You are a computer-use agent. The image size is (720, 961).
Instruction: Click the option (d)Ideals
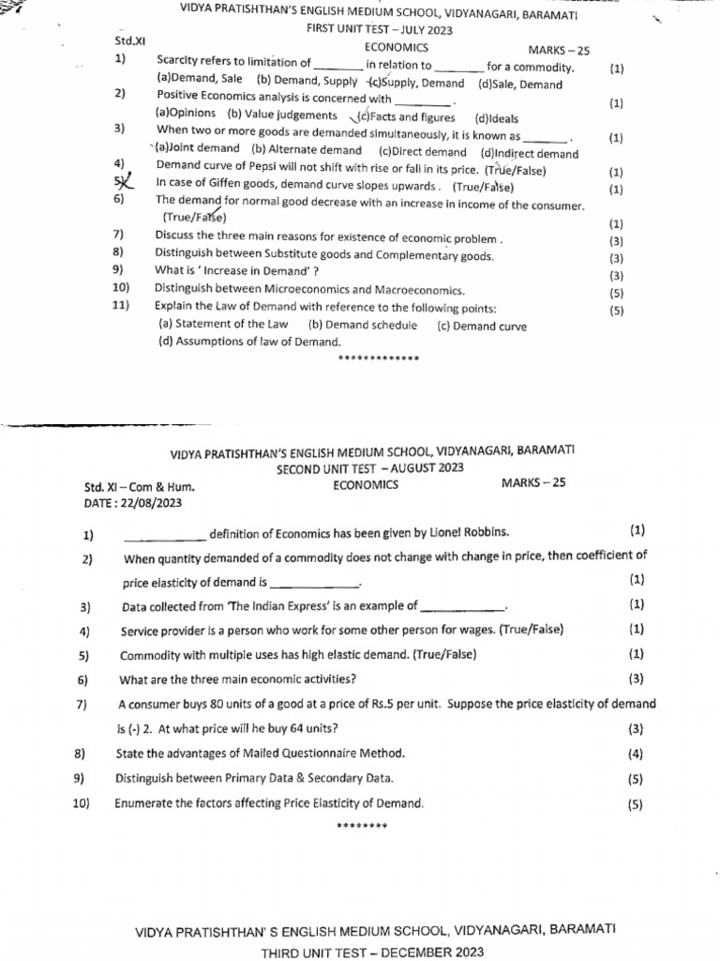[496, 118]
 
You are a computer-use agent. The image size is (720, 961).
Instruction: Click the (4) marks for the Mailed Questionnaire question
[636, 754]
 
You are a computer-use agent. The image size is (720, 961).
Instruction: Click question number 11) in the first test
[120, 307]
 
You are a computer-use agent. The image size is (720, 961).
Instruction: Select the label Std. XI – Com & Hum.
[140, 487]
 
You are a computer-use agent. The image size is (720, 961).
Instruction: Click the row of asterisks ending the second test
[361, 826]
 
